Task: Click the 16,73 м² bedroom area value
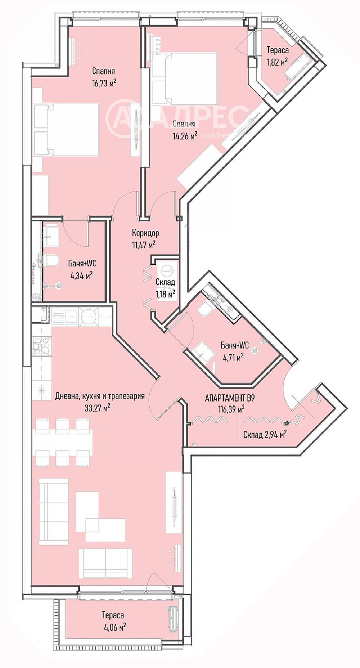(x=104, y=84)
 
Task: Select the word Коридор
(x=145, y=233)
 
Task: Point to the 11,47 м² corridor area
(x=144, y=245)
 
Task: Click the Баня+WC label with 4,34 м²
(x=82, y=264)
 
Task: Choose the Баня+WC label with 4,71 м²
(x=235, y=345)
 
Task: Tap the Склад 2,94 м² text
(x=265, y=435)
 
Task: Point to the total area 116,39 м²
(x=231, y=409)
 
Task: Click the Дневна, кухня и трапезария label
(x=100, y=396)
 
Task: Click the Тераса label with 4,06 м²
(x=113, y=615)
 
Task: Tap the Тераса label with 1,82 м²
(x=277, y=50)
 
